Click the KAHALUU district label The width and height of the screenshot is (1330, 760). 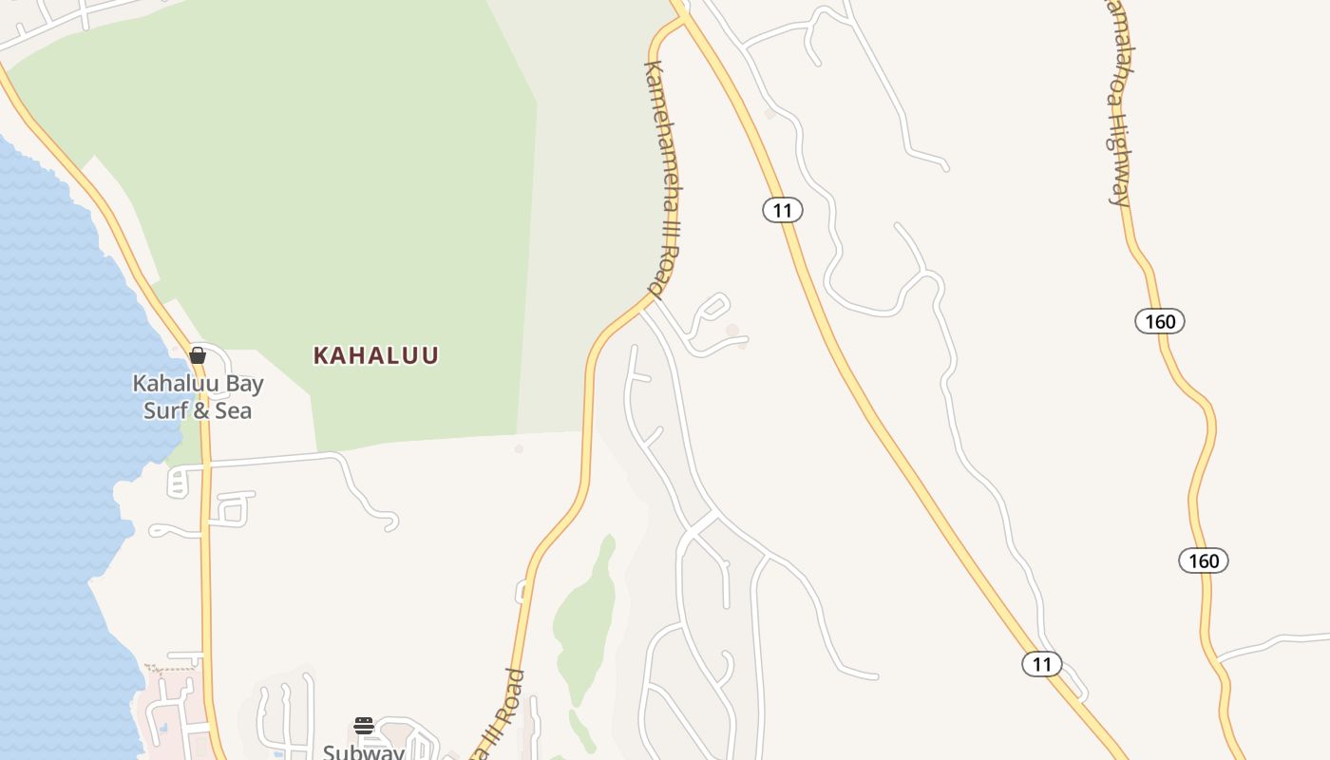click(x=376, y=355)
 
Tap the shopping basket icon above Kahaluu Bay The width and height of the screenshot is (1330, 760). click(x=198, y=355)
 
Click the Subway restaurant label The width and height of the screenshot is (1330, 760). click(x=364, y=751)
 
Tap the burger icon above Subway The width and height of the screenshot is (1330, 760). click(x=364, y=726)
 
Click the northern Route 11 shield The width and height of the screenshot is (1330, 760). click(x=783, y=210)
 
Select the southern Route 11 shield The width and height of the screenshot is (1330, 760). click(x=1042, y=664)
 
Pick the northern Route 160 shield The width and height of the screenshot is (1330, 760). click(x=1160, y=321)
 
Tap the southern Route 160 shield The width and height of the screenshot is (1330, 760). click(x=1204, y=560)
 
